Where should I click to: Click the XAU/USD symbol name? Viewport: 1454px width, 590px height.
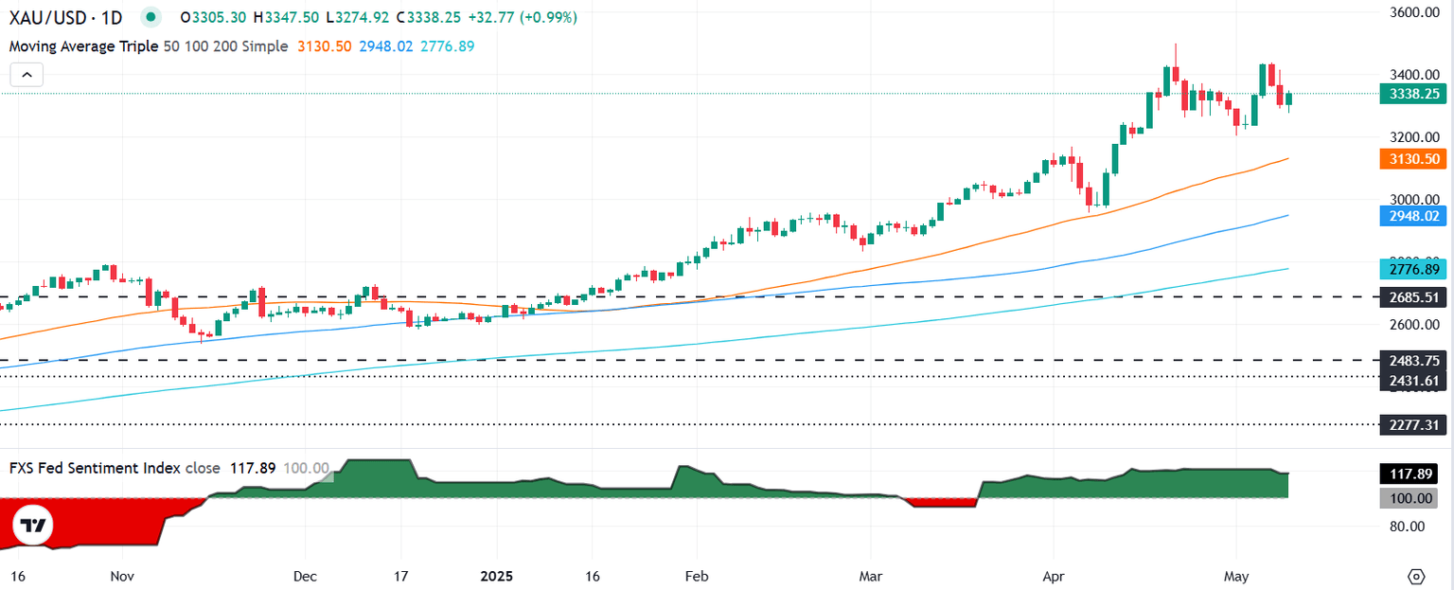tap(50, 18)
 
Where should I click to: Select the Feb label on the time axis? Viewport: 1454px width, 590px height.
tap(696, 576)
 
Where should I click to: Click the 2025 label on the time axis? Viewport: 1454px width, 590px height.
tap(498, 576)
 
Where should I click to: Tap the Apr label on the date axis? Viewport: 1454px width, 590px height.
tap(1052, 576)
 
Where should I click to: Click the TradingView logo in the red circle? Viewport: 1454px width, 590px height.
tap(34, 526)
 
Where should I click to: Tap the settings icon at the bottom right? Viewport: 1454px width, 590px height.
tap(1416, 576)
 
